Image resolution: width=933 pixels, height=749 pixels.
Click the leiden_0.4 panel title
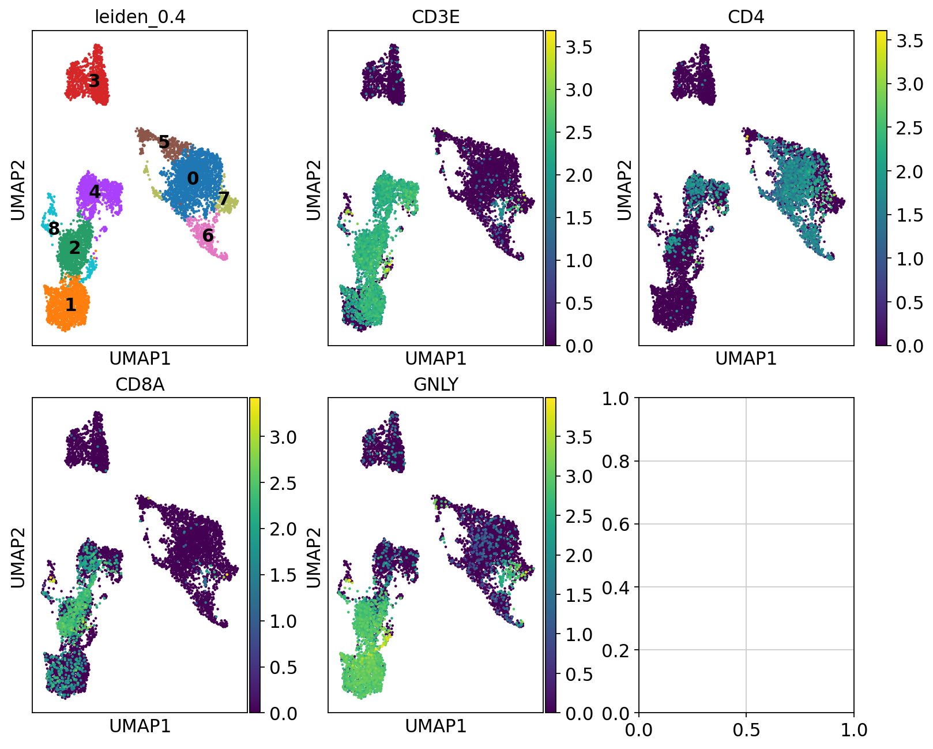tap(140, 17)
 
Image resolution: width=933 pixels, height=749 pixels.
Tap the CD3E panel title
tap(436, 17)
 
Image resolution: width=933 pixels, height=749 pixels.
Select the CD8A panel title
tap(140, 384)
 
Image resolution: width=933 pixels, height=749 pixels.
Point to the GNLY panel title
tap(436, 384)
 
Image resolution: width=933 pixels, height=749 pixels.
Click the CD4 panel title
tap(746, 17)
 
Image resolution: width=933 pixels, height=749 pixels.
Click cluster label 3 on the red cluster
tap(94, 81)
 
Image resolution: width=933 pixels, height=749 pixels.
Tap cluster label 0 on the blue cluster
tap(193, 179)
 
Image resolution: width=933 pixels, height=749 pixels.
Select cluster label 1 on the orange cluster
tap(70, 305)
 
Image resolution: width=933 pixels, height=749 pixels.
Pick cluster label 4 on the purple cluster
tap(95, 191)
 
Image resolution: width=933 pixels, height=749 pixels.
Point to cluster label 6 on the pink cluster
tap(208, 235)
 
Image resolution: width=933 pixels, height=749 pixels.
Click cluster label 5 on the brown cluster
tap(164, 142)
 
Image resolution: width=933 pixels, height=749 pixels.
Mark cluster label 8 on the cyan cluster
tap(54, 229)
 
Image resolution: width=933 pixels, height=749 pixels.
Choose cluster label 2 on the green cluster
tap(75, 248)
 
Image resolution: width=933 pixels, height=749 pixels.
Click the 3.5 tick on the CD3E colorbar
tap(578, 47)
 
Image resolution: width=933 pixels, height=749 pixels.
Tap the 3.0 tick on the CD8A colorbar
tap(283, 437)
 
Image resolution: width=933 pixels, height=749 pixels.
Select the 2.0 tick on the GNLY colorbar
tap(578, 556)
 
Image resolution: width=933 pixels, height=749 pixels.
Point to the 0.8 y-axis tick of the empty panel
tap(616, 461)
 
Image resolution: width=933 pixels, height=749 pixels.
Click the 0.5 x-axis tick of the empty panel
tap(746, 731)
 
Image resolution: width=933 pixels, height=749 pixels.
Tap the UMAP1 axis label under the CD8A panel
tap(140, 726)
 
